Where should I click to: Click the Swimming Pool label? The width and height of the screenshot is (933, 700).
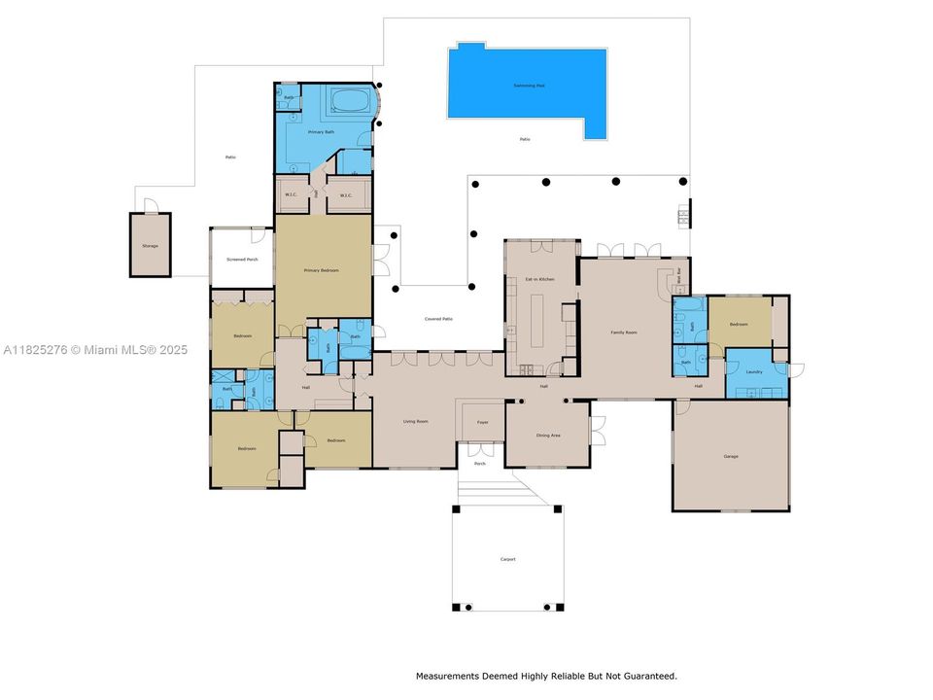coord(529,86)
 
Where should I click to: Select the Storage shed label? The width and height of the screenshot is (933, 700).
coord(150,246)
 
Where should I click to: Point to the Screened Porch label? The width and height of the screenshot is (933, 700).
coord(242,260)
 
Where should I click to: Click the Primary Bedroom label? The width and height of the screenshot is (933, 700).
coord(321,270)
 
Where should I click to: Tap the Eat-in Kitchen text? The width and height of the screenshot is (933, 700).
coord(539,279)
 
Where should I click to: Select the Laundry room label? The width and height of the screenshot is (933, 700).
coord(753,371)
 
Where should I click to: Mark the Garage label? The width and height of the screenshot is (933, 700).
coord(731,456)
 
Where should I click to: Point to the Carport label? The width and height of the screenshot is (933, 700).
coord(507,559)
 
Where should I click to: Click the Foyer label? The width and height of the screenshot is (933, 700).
coord(481,422)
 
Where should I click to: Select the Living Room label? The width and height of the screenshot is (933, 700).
coord(416,421)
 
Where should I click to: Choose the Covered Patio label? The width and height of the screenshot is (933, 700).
coord(438,319)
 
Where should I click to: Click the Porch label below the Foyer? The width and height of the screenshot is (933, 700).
coord(479,464)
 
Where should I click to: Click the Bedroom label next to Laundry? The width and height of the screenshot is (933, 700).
coord(739,325)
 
